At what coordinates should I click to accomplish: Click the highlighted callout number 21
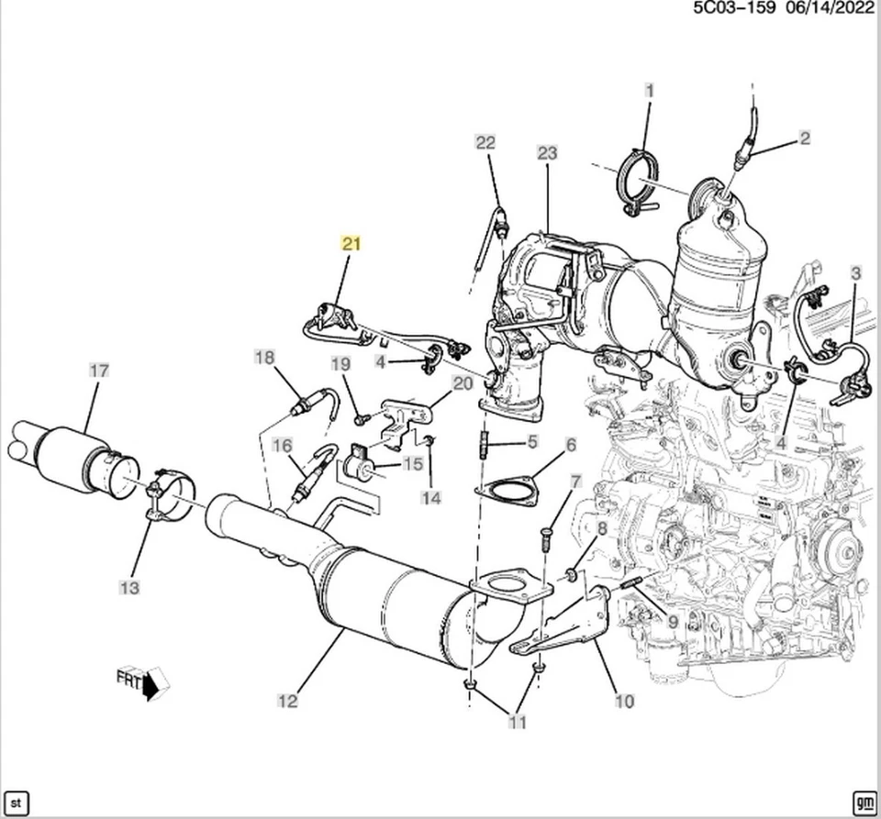pos(352,243)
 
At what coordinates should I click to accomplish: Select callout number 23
pos(547,153)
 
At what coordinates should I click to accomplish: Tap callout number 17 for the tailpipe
pos(98,371)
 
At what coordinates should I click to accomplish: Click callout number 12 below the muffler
pos(287,701)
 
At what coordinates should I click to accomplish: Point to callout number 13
pos(129,587)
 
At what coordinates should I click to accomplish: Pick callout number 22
pos(485,142)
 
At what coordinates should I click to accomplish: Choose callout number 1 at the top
pos(650,90)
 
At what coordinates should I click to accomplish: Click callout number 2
pos(805,138)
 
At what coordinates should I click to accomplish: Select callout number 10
pos(624,702)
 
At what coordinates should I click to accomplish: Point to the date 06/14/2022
pos(830,8)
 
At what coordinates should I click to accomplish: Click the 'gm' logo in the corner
pos(864,800)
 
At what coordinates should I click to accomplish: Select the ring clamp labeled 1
pos(640,183)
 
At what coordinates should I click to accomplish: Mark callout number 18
pos(264,357)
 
